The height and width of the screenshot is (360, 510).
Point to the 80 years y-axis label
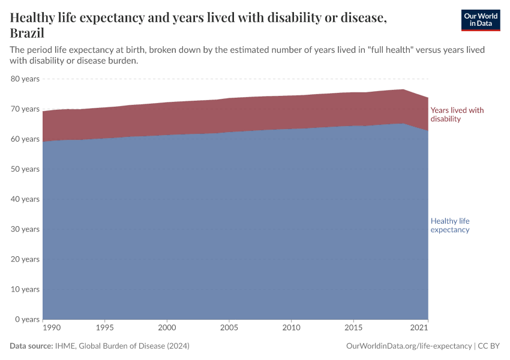click(x=25, y=79)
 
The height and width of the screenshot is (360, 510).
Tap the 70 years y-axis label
click(x=25, y=109)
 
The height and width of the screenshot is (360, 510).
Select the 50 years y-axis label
click(x=25, y=169)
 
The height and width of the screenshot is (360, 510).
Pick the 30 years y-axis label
click(x=25, y=229)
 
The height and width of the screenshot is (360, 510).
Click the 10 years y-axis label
click(x=25, y=289)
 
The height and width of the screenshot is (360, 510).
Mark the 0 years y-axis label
click(x=27, y=319)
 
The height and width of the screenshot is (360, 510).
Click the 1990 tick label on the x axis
click(x=52, y=328)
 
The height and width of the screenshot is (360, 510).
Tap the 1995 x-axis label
click(x=105, y=328)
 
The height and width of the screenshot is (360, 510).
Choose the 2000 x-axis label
click(x=167, y=328)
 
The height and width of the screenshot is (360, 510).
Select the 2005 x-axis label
click(x=229, y=328)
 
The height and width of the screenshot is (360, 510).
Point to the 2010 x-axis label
click(x=290, y=328)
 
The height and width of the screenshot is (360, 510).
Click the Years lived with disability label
click(x=457, y=115)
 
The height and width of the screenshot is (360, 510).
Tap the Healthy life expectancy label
click(x=450, y=225)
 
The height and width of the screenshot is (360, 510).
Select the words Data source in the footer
click(x=31, y=346)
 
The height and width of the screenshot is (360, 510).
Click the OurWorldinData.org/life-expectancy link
click(x=409, y=346)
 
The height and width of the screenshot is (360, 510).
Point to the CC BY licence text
click(x=489, y=346)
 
